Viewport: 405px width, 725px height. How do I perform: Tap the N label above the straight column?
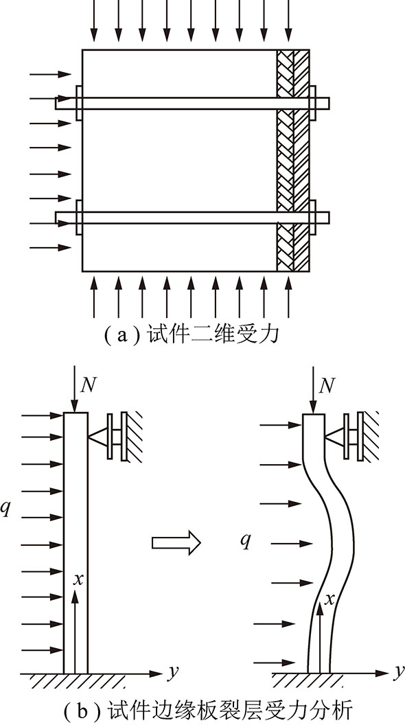[x=88, y=384]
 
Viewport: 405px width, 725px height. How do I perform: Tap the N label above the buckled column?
[x=327, y=384]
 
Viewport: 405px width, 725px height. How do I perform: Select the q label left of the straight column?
[x=5, y=508]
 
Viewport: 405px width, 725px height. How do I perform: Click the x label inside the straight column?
[x=78, y=579]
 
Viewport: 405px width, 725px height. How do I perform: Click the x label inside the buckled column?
[x=329, y=599]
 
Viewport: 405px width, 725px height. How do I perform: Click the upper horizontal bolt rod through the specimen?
[x=192, y=103]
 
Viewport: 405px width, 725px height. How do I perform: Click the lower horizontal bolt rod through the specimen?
[x=192, y=218]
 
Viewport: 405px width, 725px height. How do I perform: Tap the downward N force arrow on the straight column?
[x=75, y=389]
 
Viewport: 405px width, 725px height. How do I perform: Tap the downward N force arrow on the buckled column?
[x=314, y=389]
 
